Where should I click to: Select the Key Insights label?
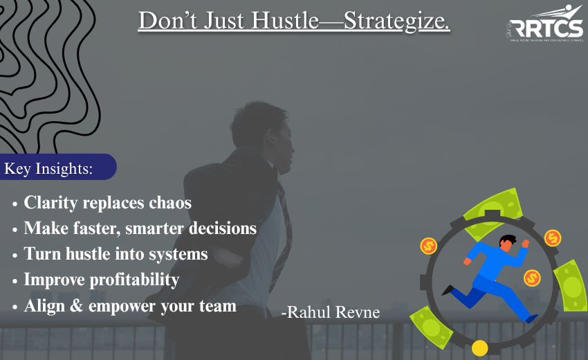coord(48,168)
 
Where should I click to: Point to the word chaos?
coord(169,203)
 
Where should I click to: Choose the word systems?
coord(178,253)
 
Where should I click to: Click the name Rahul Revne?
coord(331,313)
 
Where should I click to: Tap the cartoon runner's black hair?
coord(507,240)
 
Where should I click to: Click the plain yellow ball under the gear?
coord(479,348)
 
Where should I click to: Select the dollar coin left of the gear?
coord(428,246)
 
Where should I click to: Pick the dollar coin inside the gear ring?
coord(531,278)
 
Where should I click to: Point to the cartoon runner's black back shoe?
coord(448,289)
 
